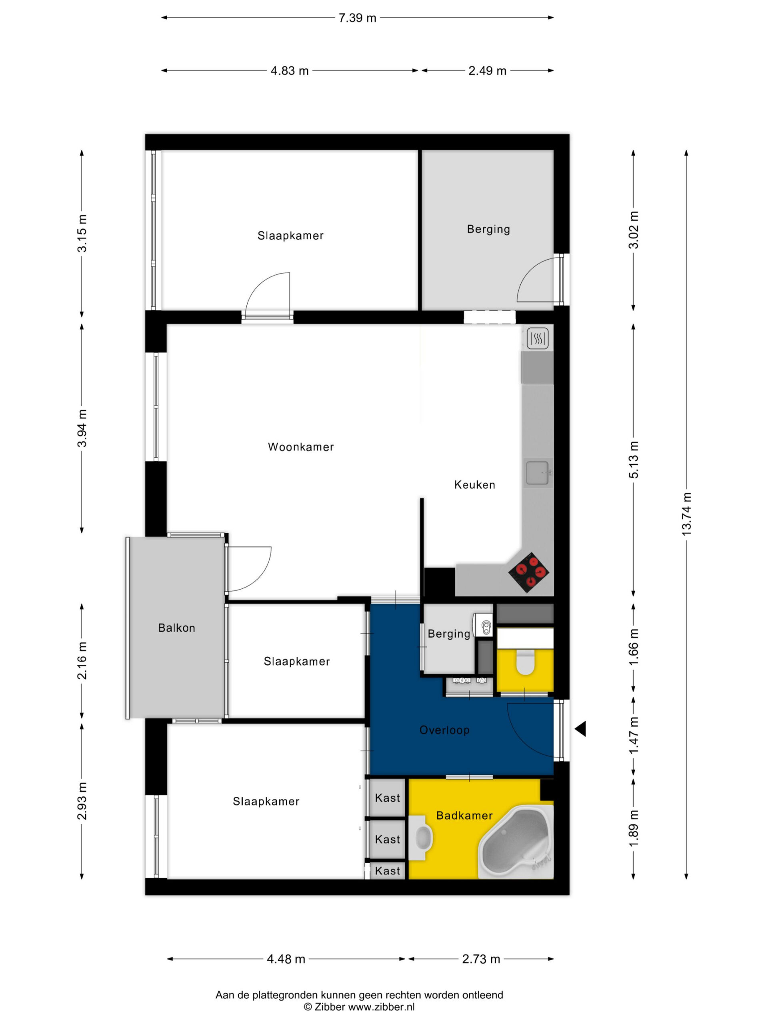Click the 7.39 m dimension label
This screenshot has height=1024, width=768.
pyautogui.click(x=357, y=18)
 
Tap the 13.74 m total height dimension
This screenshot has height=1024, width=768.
pyautogui.click(x=686, y=514)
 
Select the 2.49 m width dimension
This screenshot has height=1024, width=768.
pyautogui.click(x=487, y=71)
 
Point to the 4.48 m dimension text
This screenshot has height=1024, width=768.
pyautogui.click(x=286, y=959)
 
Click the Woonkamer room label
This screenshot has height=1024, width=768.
pyautogui.click(x=301, y=447)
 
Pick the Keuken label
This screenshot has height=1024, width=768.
pyautogui.click(x=474, y=485)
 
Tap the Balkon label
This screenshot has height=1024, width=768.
pyautogui.click(x=176, y=628)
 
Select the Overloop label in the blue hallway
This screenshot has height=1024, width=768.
pyautogui.click(x=444, y=730)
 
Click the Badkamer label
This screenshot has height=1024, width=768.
pyautogui.click(x=464, y=815)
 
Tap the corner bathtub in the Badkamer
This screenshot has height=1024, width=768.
pyautogui.click(x=516, y=841)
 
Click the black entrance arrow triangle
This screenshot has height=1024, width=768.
pyautogui.click(x=580, y=729)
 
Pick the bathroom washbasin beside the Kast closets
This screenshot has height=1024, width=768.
pyautogui.click(x=420, y=838)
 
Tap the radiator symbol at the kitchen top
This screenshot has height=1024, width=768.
pyautogui.click(x=538, y=338)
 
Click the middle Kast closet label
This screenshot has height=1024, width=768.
pyautogui.click(x=388, y=839)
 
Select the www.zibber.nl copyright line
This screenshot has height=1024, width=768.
pyautogui.click(x=359, y=1007)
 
